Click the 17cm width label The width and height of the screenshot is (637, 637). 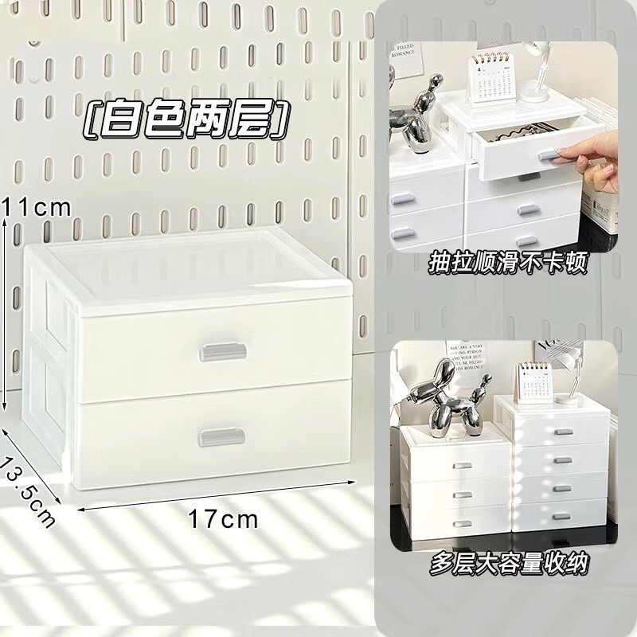tap(224, 520)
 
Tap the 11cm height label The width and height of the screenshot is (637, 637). tap(37, 207)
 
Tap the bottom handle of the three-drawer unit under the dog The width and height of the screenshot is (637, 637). tap(459, 522)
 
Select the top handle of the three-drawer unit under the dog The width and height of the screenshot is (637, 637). tap(459, 467)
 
